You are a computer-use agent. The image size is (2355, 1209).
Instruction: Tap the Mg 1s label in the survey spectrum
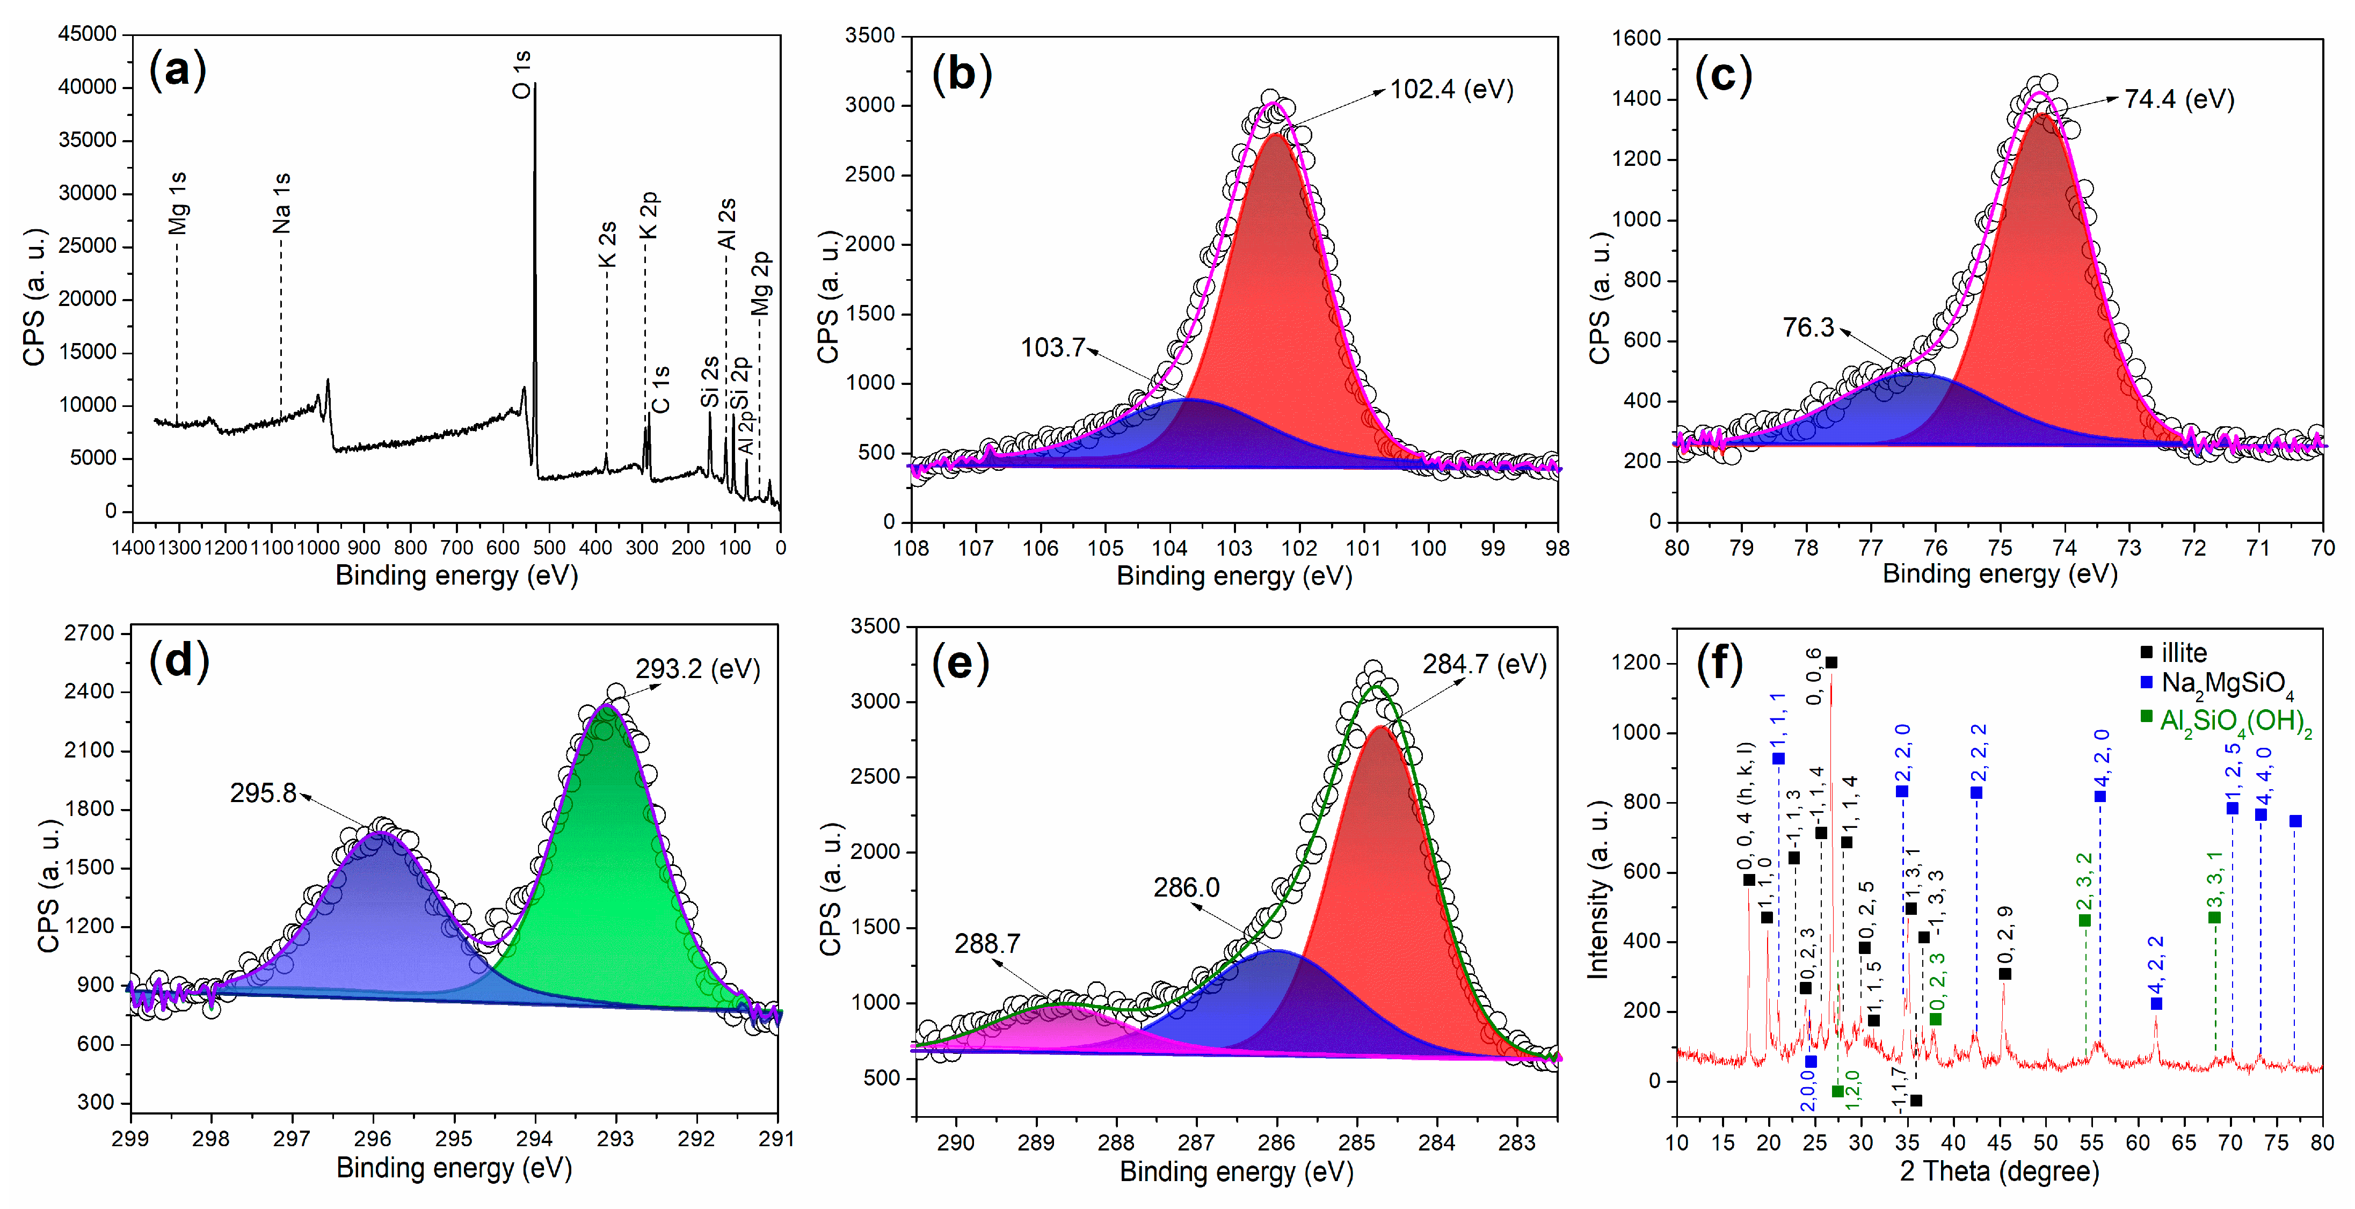(x=178, y=203)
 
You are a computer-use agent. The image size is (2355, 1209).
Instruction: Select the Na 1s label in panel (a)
(x=281, y=203)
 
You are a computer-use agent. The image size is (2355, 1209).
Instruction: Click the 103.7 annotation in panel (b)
(x=1052, y=347)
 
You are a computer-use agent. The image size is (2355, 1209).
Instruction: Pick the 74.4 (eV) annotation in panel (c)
(x=2178, y=99)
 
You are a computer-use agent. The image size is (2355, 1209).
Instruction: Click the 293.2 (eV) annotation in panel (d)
(x=697, y=669)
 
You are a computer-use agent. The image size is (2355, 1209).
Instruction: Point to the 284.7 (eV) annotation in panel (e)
(x=1484, y=664)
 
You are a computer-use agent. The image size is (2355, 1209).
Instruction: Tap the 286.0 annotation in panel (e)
(x=1186, y=887)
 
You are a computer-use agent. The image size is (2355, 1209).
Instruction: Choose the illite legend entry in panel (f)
(x=2183, y=652)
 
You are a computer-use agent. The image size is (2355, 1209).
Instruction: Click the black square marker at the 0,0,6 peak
(x=1831, y=662)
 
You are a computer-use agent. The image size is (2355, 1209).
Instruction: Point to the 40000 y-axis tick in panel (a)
(x=87, y=87)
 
